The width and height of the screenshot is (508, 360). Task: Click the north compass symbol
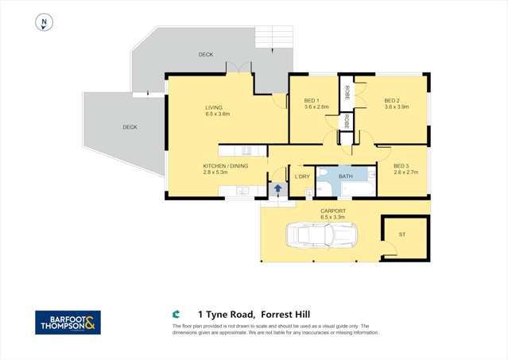[x=45, y=23]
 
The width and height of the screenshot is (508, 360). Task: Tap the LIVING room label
[x=214, y=107]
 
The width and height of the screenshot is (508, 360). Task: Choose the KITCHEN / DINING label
[x=225, y=165]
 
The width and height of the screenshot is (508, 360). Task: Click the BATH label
[x=346, y=176]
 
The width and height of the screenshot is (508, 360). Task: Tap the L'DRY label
[x=302, y=176]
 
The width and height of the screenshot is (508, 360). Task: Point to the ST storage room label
[x=402, y=234]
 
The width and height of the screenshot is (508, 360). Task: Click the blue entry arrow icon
[x=277, y=189]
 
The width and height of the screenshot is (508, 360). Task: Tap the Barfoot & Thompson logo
[x=68, y=322]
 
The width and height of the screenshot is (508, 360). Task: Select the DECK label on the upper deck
[x=205, y=54]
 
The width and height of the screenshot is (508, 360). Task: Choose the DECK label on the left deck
[x=130, y=127]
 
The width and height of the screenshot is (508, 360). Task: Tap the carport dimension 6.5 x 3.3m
[x=335, y=217]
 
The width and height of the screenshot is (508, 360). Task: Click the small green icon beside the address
[x=176, y=313]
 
